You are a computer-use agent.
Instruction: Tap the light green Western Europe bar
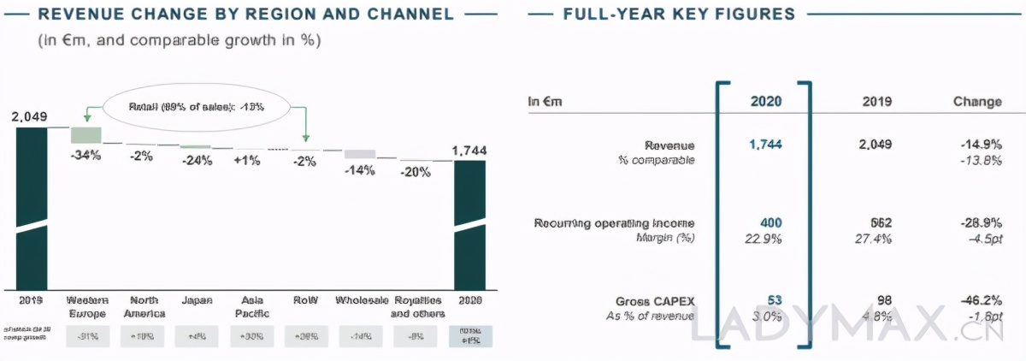85,134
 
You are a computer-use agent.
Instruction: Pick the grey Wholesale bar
360,154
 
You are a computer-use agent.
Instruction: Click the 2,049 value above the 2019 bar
30,116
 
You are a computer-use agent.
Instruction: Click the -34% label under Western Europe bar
85,155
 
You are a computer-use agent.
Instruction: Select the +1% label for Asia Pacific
247,160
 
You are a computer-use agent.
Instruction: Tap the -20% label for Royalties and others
416,172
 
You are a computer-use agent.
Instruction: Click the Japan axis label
197,301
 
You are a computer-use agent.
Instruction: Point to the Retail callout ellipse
197,108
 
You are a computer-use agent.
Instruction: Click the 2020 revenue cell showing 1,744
765,145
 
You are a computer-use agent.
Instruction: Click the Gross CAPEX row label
655,301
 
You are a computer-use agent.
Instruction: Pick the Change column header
977,102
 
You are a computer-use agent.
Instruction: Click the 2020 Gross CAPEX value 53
773,301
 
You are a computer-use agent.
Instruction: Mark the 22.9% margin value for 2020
764,239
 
